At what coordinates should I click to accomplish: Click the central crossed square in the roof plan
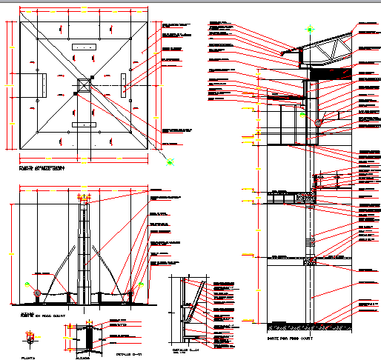[x=82, y=87]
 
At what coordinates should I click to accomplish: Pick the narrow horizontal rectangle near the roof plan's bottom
[x=83, y=126]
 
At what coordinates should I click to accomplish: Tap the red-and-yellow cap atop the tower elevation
[x=85, y=199]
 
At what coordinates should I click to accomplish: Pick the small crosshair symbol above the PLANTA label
[x=30, y=337]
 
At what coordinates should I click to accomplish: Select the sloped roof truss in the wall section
[x=326, y=52]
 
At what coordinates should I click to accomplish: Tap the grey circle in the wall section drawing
[x=319, y=123]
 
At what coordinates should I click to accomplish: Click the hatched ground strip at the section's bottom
[x=308, y=324]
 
